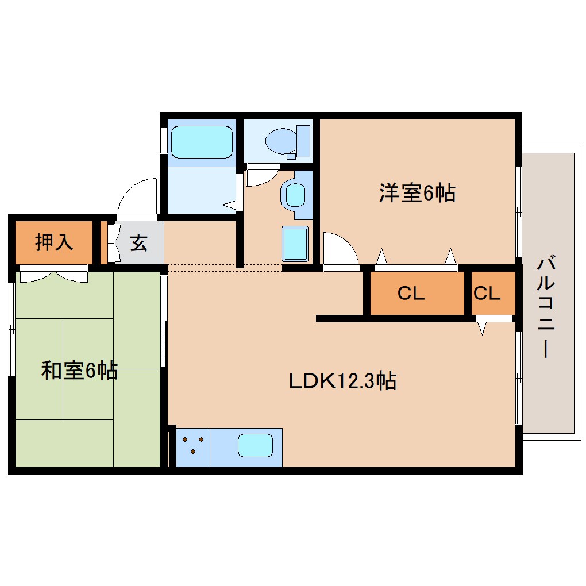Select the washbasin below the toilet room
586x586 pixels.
(296, 195)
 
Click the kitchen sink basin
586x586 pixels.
(255, 446)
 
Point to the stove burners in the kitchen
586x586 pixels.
(193, 445)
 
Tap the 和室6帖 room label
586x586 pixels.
(79, 371)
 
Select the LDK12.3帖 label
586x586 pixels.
(342, 380)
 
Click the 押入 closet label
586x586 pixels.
(54, 242)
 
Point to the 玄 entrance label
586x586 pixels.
(138, 243)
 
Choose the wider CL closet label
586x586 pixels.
(411, 294)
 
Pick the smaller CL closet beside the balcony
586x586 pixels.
(487, 294)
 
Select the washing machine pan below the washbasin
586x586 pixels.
(295, 242)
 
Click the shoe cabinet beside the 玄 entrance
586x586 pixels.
(104, 242)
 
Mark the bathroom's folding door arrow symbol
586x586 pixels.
(231, 203)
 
